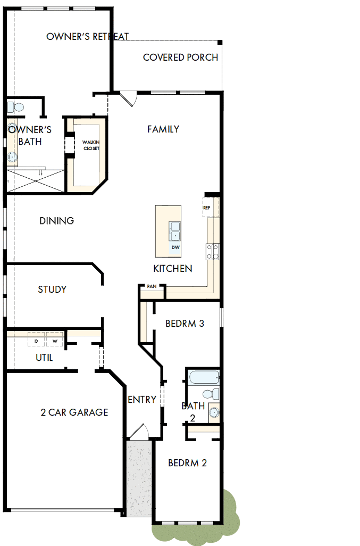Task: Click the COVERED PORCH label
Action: (180, 57)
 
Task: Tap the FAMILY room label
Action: (163, 129)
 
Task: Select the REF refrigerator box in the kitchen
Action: (207, 208)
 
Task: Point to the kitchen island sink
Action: (174, 232)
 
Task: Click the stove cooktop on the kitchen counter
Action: (213, 251)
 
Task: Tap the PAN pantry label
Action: (152, 286)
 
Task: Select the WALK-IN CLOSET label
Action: (91, 145)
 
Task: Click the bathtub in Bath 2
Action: (204, 378)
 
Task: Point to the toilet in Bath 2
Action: (214, 394)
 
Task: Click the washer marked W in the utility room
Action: (54, 341)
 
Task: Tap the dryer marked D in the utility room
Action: (36, 341)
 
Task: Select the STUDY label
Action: (52, 289)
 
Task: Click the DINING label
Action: (56, 221)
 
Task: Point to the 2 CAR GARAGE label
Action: (74, 412)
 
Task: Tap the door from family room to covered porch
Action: (129, 98)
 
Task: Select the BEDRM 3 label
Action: (185, 324)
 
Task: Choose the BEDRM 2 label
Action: (187, 464)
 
